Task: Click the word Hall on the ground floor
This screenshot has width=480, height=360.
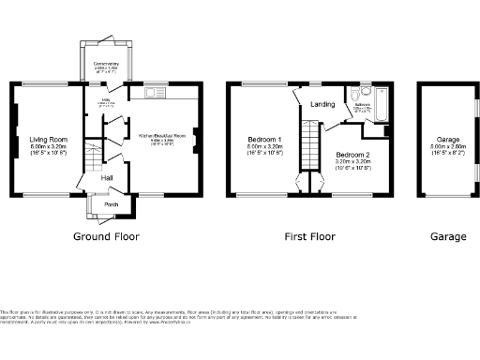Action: (x=108, y=177)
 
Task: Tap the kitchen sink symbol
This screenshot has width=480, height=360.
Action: (x=154, y=93)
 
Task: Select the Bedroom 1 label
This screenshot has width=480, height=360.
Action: (x=263, y=139)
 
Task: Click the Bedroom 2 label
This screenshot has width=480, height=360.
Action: (x=353, y=153)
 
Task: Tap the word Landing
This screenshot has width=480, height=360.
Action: (x=322, y=104)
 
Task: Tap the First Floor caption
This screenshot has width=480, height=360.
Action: (x=310, y=237)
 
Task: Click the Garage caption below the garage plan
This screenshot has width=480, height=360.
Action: (x=448, y=237)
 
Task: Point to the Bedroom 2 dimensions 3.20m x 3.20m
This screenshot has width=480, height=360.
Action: (x=353, y=160)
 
